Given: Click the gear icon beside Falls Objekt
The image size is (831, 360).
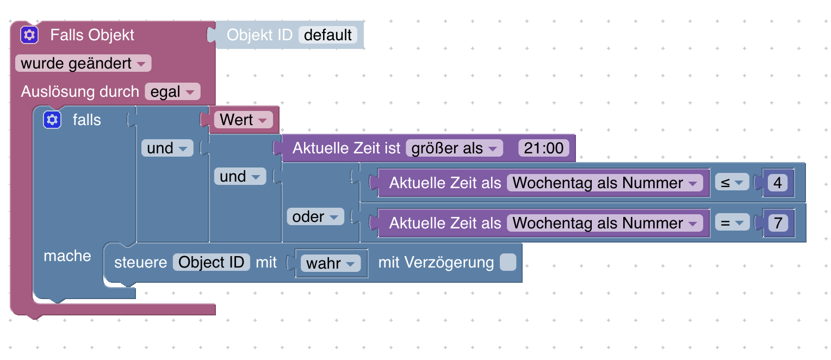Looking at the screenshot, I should [x=29, y=35].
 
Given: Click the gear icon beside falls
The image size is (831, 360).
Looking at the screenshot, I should [x=52, y=120].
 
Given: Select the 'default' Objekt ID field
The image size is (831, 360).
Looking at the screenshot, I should [x=328, y=35].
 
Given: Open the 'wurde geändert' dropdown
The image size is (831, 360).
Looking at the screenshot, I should [x=83, y=64].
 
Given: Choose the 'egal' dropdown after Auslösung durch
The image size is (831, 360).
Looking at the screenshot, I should [x=172, y=92].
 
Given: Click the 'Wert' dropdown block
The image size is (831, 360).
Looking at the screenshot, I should [x=243, y=120].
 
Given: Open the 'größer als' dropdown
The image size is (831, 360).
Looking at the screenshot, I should [x=454, y=148].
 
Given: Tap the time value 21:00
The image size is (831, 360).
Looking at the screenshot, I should [x=544, y=148].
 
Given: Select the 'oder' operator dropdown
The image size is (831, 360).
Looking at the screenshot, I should [x=315, y=217].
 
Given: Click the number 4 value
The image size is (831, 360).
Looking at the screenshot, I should [x=777, y=183].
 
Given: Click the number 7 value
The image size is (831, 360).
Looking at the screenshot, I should [x=777, y=224].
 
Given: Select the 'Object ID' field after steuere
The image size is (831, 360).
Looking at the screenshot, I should [x=212, y=263].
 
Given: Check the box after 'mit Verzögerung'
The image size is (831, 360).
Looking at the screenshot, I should [x=507, y=263].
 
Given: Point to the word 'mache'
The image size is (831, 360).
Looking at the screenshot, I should [x=67, y=256].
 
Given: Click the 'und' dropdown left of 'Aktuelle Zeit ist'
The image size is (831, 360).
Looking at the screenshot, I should [x=167, y=148].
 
